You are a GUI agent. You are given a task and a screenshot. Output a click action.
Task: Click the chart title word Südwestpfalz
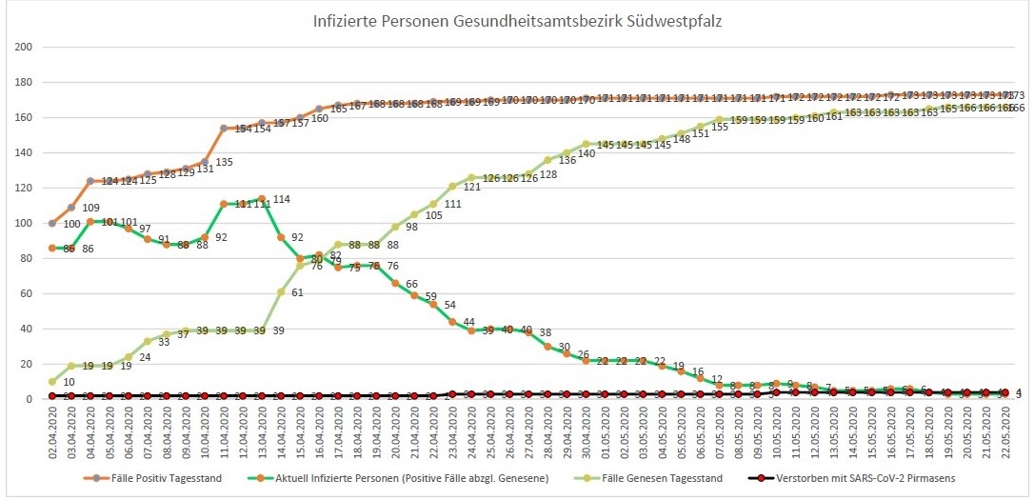click(x=673, y=20)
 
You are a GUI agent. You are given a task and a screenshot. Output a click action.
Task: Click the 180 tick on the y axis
click(x=25, y=83)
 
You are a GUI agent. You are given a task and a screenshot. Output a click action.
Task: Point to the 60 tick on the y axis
click(x=28, y=294)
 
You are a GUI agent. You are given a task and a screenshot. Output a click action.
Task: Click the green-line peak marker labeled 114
click(x=262, y=198)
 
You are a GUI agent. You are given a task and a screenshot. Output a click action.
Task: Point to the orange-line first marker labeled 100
click(x=52, y=223)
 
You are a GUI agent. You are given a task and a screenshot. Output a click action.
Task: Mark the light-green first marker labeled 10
click(x=52, y=382)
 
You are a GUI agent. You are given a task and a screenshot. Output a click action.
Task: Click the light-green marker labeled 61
click(x=281, y=291)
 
